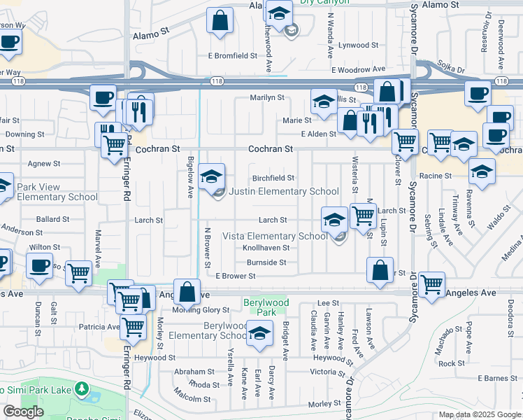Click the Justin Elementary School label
coord(284,191)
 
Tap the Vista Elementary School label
coord(275,236)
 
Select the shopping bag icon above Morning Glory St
coord(187,291)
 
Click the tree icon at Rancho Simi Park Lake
coord(82,388)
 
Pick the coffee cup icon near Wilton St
coord(39,265)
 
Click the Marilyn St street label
coord(268,98)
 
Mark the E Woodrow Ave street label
coord(359,70)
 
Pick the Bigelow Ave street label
coord(190,177)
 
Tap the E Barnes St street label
coord(499,379)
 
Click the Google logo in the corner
coord(23,412)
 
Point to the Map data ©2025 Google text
coord(480,414)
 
